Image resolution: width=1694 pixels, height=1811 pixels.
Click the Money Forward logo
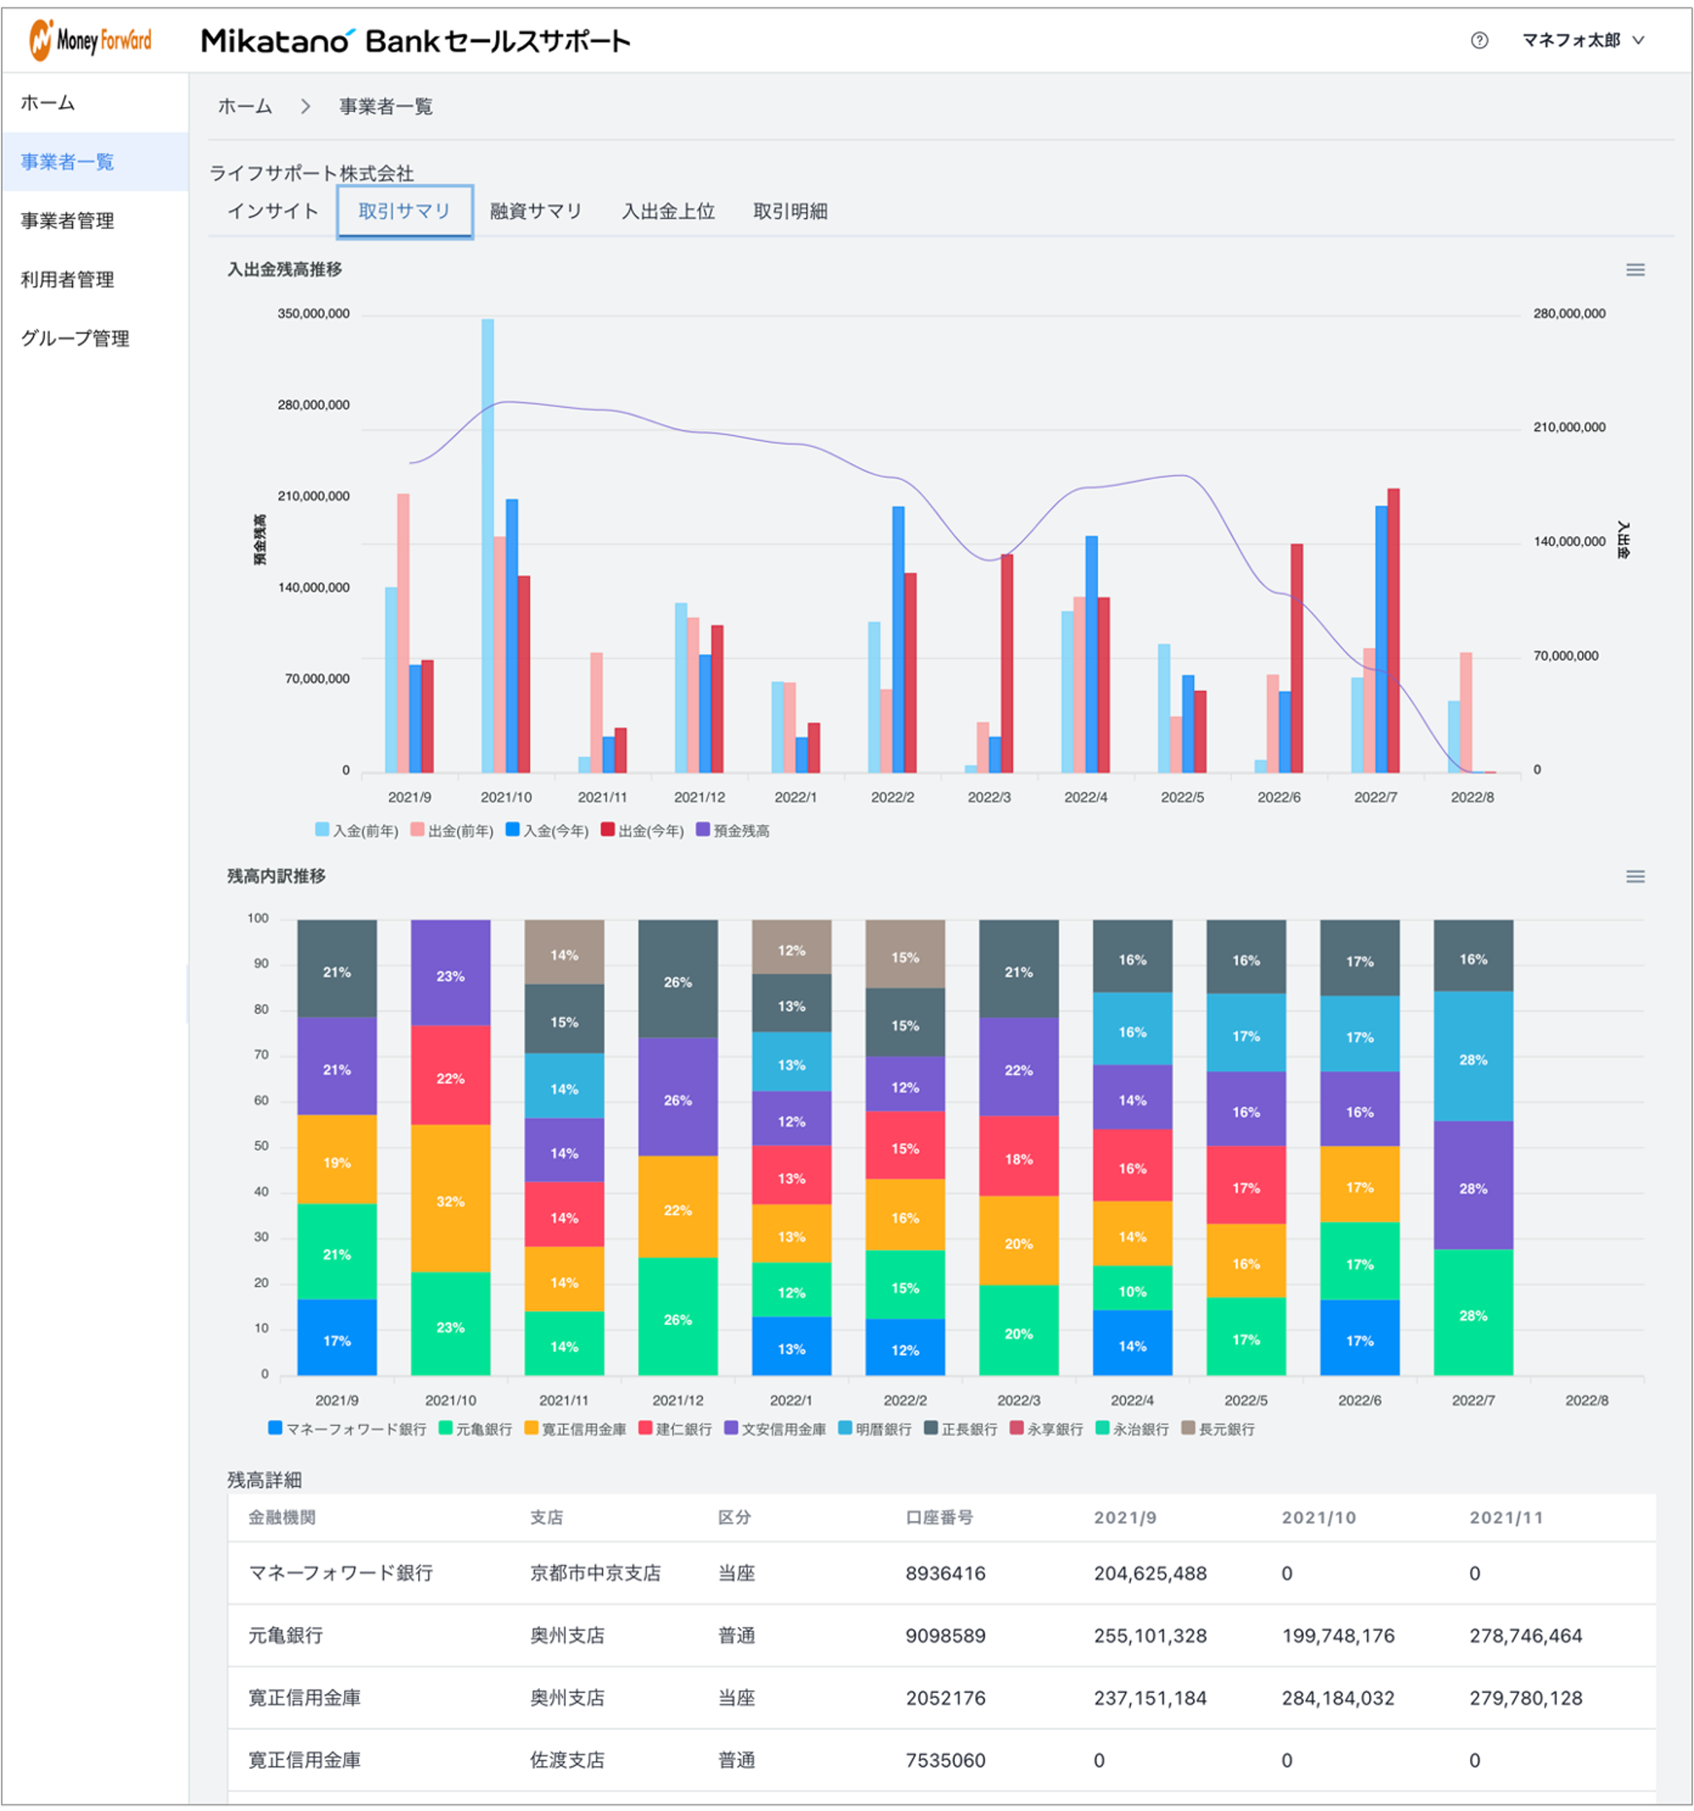click(90, 40)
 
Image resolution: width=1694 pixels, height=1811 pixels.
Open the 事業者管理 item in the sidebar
click(67, 221)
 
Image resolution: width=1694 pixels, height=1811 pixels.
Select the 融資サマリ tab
click(536, 211)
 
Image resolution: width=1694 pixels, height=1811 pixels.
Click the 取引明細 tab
click(789, 211)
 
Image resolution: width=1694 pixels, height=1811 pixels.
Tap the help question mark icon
click(1479, 40)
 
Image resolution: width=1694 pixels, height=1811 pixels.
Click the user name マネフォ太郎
click(1571, 40)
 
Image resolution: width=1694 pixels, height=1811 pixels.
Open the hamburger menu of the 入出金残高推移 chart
click(1635, 270)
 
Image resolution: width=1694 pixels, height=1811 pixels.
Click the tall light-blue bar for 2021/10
click(488, 545)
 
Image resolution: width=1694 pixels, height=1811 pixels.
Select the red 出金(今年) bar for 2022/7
click(1392, 630)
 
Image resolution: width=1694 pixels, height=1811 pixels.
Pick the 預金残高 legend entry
click(733, 830)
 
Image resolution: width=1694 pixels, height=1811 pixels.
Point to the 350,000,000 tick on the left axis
click(314, 313)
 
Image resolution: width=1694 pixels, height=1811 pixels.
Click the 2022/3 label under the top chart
click(989, 797)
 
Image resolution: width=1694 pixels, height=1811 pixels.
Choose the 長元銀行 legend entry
click(1218, 1428)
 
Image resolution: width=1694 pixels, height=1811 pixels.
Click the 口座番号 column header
click(939, 1517)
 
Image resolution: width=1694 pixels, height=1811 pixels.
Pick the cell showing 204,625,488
click(1150, 1573)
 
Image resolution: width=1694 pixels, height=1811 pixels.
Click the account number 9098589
click(945, 1635)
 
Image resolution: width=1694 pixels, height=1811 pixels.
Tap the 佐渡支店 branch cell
click(567, 1760)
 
